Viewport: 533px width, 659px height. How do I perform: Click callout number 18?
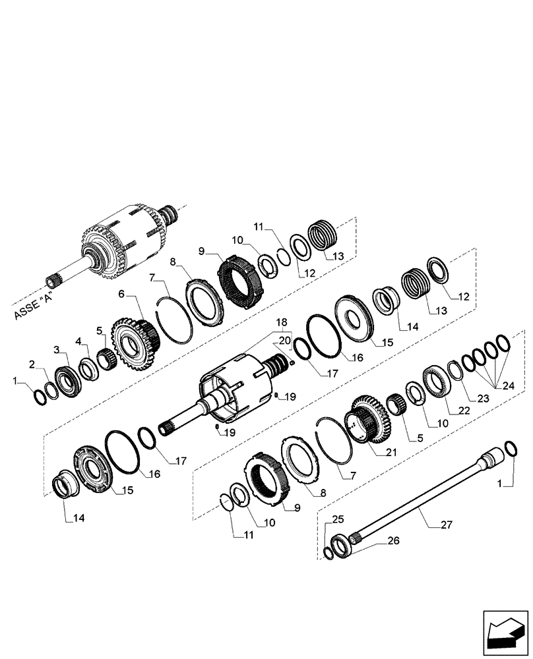point(282,322)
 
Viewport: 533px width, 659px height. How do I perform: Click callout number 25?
point(338,519)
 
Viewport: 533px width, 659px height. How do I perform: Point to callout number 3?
point(57,349)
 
